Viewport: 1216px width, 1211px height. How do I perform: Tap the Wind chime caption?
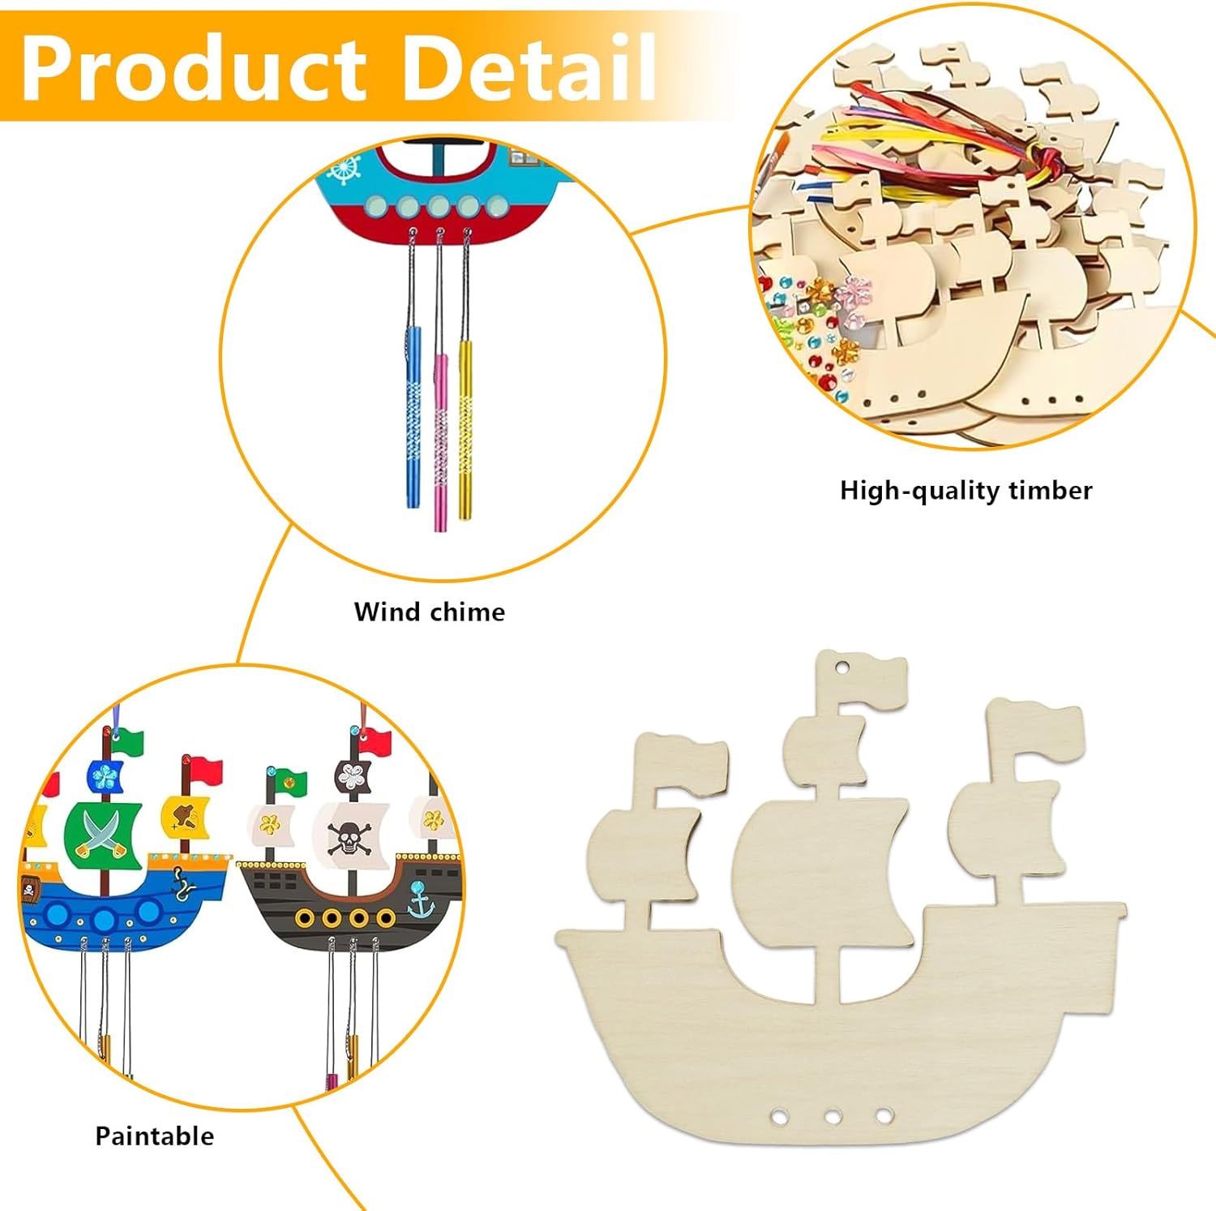(x=429, y=612)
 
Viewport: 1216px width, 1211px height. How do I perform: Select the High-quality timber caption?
(x=966, y=491)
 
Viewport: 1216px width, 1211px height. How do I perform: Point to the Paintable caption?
(x=154, y=1136)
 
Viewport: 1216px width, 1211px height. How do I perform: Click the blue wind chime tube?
(x=413, y=414)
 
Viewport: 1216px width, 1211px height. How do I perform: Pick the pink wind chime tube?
(x=440, y=438)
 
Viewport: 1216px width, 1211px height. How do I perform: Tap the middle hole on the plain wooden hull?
(x=833, y=1117)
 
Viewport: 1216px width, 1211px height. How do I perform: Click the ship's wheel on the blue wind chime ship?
(x=345, y=170)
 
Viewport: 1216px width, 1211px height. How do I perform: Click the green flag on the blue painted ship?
(x=128, y=742)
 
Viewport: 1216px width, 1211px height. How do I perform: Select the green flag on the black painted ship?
(x=288, y=781)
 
